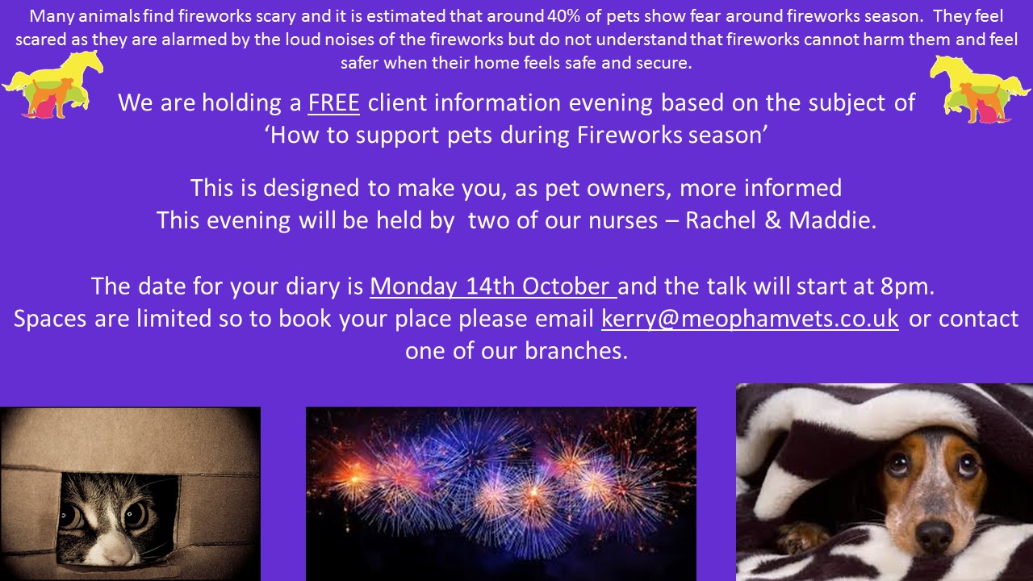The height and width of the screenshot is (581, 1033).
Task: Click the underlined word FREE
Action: tap(333, 102)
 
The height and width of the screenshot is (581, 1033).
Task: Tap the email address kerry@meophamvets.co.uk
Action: tap(750, 319)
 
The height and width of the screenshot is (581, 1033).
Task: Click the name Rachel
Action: tap(721, 220)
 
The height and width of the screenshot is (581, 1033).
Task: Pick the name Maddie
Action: tap(832, 220)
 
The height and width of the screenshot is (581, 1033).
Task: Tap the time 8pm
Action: tap(906, 286)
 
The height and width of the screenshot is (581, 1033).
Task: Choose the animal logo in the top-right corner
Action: tap(980, 89)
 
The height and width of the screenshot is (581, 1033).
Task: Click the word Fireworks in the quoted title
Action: tap(629, 135)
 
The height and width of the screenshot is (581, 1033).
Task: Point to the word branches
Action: tap(576, 351)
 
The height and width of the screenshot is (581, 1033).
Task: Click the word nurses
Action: tap(623, 220)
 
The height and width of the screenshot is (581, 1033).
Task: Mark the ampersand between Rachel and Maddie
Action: tap(772, 220)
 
